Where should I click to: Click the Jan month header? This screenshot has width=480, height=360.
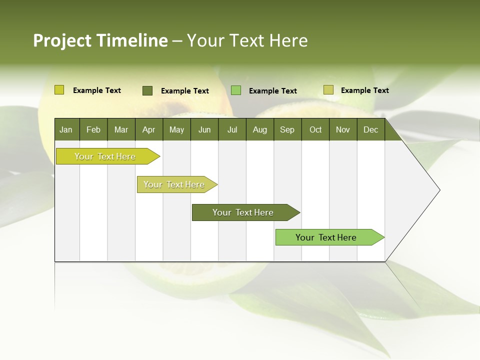tap(66, 129)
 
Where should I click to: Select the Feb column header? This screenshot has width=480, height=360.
tap(93, 129)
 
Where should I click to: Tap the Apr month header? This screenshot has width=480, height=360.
tap(148, 129)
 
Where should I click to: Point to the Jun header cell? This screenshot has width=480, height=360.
tap(204, 129)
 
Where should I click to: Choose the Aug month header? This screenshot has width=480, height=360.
tap(259, 129)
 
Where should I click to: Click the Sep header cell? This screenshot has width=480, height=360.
tap(287, 129)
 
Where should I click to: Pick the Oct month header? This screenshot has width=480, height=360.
tap(315, 129)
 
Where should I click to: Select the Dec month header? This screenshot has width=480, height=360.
tap(370, 129)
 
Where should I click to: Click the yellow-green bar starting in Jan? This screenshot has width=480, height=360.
tap(105, 156)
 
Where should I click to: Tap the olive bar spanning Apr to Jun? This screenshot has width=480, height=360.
tap(174, 184)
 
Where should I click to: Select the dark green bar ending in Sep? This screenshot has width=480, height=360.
tap(243, 212)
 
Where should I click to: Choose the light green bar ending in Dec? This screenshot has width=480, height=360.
tap(326, 237)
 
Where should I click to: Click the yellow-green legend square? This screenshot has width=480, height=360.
tap(59, 90)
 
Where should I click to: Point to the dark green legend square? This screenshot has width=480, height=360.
tap(147, 90)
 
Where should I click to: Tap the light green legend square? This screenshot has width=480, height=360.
tap(236, 90)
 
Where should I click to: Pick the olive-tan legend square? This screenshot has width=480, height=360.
tap(328, 90)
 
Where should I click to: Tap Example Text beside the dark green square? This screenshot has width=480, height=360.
tap(184, 91)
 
